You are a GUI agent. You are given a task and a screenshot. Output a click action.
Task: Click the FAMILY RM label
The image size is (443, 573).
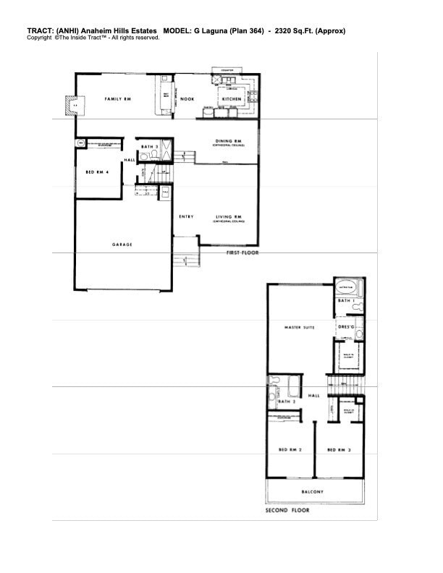point(117,98)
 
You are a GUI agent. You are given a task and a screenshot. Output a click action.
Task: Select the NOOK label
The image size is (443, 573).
point(187,98)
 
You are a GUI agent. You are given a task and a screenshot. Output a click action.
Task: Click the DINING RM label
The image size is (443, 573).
point(228,141)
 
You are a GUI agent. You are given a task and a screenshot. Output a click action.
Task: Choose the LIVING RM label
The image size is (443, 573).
point(228,217)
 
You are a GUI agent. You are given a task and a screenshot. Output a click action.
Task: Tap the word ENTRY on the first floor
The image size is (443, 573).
point(186,216)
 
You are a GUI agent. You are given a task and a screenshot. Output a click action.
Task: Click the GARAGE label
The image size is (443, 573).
point(122,245)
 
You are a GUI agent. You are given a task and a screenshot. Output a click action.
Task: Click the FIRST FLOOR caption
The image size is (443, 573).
point(242,253)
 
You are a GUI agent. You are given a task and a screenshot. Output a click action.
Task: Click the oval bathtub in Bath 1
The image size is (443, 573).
point(346,287)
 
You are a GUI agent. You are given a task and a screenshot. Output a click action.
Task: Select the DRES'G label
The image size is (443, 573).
point(347,326)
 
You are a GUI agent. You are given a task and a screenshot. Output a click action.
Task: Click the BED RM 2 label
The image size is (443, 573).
point(290,451)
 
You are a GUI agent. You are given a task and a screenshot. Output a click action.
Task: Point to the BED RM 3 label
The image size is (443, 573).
point(339,451)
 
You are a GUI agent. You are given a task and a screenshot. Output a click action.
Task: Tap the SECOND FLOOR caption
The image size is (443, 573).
point(287,510)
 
